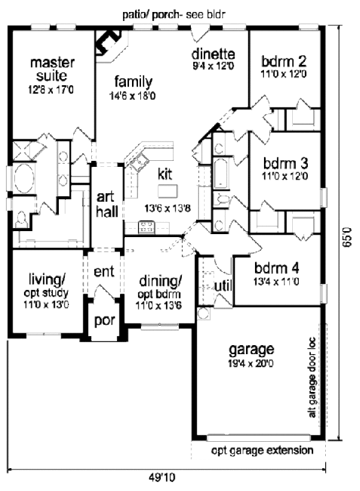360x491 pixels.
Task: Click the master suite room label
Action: click(x=52, y=69)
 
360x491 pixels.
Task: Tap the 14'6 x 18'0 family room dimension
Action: click(x=132, y=96)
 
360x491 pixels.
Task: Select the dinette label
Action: click(x=213, y=54)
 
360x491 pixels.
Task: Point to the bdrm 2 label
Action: click(x=284, y=61)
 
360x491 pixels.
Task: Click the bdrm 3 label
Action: click(x=285, y=163)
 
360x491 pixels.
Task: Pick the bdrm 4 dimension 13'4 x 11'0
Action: click(x=276, y=282)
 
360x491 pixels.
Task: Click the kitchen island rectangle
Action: click(x=168, y=191)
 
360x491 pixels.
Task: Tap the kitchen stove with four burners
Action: click(x=146, y=227)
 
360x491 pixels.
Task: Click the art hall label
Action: click(x=107, y=205)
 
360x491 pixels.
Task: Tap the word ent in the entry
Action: click(x=104, y=271)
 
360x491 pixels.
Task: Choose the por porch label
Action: click(x=104, y=321)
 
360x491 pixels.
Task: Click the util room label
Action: click(x=223, y=286)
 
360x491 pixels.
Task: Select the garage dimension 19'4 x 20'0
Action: click(x=251, y=364)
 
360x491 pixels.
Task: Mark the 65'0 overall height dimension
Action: click(x=347, y=237)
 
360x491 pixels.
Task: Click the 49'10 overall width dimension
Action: click(x=162, y=477)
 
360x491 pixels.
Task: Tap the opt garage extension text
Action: click(x=262, y=450)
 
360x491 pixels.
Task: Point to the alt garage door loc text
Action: click(x=312, y=377)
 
